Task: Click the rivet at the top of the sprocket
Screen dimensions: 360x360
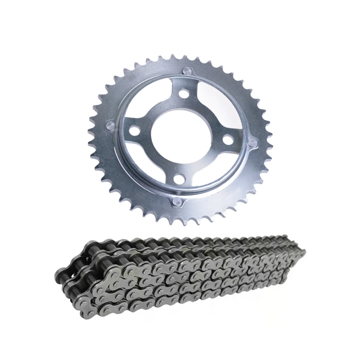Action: (x=188, y=72)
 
